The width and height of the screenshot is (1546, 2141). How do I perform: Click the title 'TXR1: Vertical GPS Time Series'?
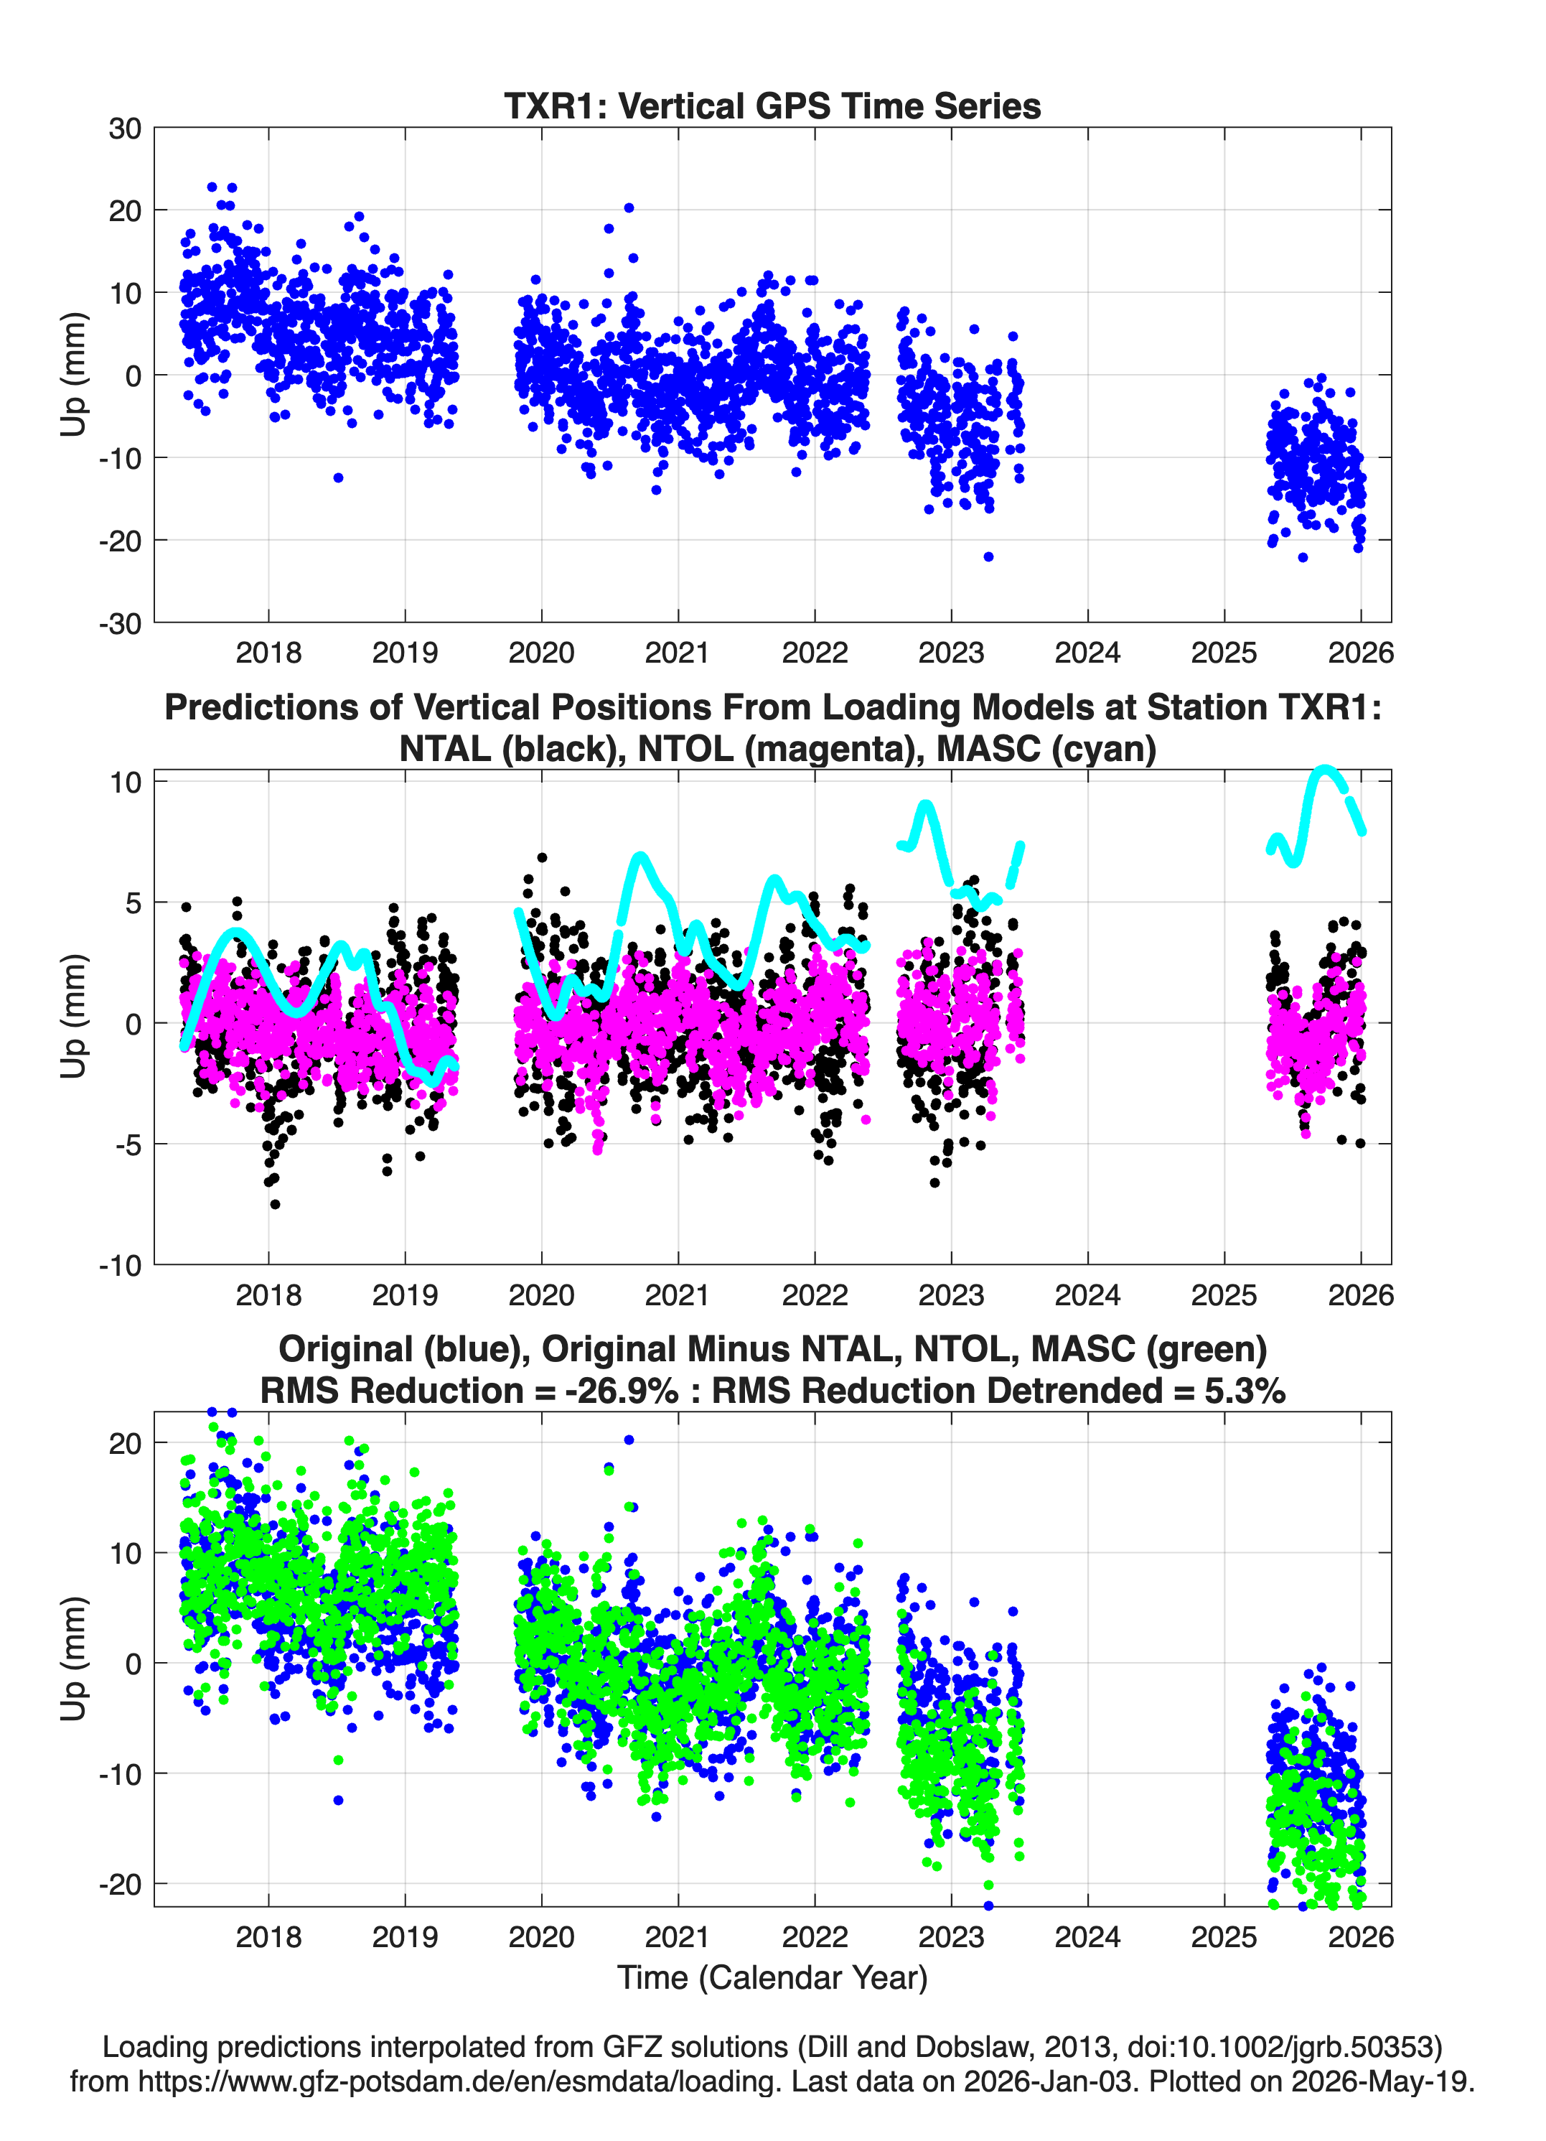pos(772,106)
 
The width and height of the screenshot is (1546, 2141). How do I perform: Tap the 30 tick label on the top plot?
pos(125,129)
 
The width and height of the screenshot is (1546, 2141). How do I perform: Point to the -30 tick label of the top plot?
pos(120,623)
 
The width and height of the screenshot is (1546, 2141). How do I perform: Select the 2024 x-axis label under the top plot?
pos(1087,653)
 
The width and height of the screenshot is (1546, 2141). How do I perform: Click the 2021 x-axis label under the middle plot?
pos(678,1295)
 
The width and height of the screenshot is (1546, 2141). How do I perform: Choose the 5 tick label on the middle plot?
pos(133,902)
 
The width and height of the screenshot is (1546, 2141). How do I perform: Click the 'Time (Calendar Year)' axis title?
pos(772,1977)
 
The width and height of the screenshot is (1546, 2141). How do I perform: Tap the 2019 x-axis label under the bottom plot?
pos(405,1936)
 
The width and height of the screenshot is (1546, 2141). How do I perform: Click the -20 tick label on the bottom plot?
pos(120,1884)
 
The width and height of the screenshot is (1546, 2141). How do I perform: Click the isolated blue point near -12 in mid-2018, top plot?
pos(338,477)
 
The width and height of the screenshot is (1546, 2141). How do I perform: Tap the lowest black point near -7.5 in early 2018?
pos(275,1203)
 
